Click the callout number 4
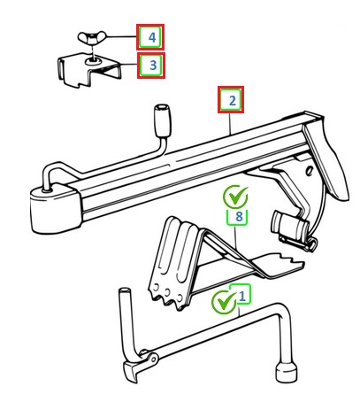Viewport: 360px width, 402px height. pyautogui.click(x=152, y=37)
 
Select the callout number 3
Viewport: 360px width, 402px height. pyautogui.click(x=153, y=66)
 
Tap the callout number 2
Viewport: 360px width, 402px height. pyautogui.click(x=233, y=101)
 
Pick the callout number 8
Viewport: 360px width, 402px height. pyautogui.click(x=239, y=217)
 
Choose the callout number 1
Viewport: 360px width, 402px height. pyautogui.click(x=241, y=296)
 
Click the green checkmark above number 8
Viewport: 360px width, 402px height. pyautogui.click(x=235, y=197)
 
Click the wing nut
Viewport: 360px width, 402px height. pyautogui.click(x=92, y=37)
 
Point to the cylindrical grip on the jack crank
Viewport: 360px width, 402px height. pyautogui.click(x=163, y=120)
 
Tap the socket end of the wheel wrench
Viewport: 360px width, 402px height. pyautogui.click(x=287, y=372)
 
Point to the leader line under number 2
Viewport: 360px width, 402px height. pyautogui.click(x=230, y=123)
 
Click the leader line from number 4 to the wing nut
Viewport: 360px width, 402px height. pyautogui.click(x=121, y=37)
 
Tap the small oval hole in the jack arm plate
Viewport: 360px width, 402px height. pyautogui.click(x=309, y=171)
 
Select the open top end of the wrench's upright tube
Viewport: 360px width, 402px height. pyautogui.click(x=124, y=290)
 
